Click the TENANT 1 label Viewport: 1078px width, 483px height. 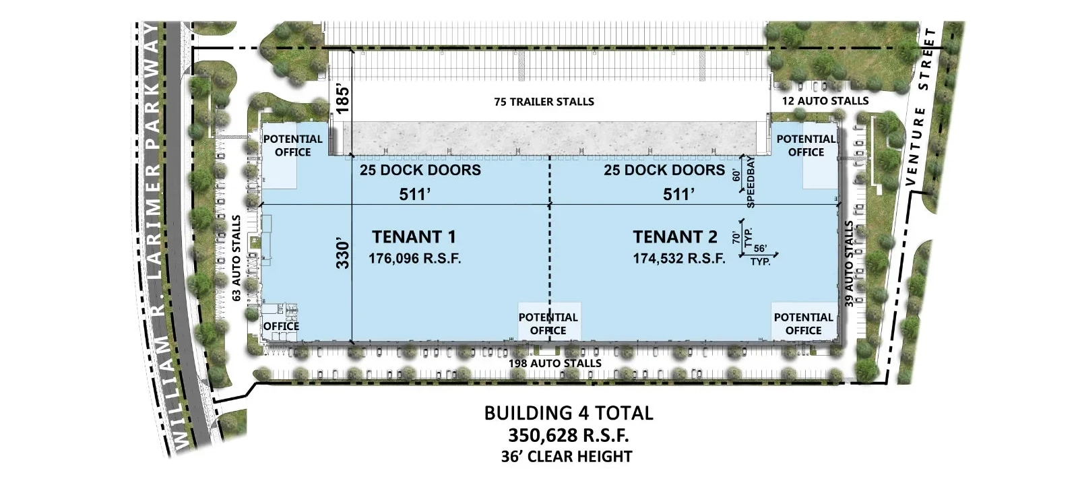click(x=414, y=237)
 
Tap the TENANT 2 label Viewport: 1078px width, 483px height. click(x=675, y=237)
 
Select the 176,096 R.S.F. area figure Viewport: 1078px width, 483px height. click(x=415, y=259)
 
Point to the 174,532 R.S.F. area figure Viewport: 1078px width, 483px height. click(x=679, y=259)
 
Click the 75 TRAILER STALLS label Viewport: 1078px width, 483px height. click(x=544, y=102)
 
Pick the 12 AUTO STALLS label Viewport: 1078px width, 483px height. click(x=825, y=101)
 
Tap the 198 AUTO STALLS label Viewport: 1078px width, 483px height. click(x=555, y=363)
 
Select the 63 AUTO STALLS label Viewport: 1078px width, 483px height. click(x=236, y=258)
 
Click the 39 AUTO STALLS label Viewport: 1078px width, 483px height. click(x=849, y=263)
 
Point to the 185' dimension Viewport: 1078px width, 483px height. click(x=342, y=100)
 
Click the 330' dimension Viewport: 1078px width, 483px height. click(x=342, y=255)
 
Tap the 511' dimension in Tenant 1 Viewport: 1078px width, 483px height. click(x=415, y=195)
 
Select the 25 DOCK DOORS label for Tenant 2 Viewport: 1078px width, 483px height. click(x=664, y=170)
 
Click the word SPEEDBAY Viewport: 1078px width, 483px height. click(x=751, y=183)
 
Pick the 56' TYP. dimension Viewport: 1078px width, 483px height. click(x=761, y=255)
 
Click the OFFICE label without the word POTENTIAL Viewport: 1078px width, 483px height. click(x=281, y=326)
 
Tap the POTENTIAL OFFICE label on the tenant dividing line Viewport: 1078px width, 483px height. click(x=548, y=324)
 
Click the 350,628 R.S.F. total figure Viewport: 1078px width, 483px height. click(x=569, y=435)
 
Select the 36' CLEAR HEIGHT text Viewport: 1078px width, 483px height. click(x=567, y=456)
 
